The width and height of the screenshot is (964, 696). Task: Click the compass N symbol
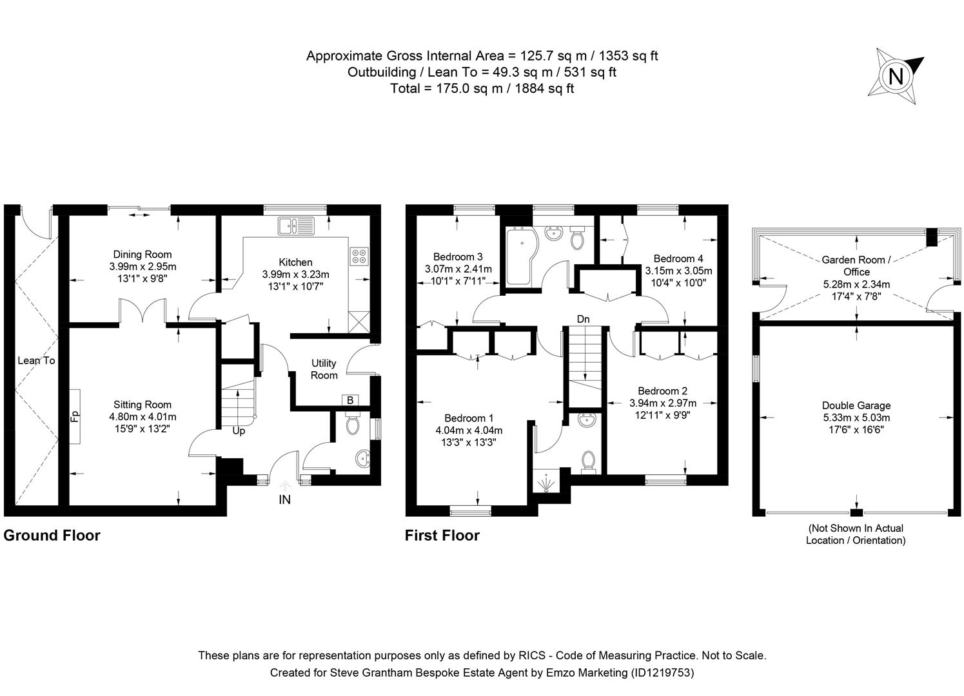pyautogui.click(x=896, y=77)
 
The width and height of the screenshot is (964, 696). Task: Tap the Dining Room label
pyautogui.click(x=143, y=255)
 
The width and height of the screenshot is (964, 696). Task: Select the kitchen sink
pyautogui.click(x=295, y=226)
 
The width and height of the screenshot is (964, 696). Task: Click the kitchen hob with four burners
pyautogui.click(x=359, y=256)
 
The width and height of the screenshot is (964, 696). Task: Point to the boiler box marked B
pyautogui.click(x=350, y=400)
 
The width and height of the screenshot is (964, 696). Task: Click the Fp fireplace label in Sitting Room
pyautogui.click(x=74, y=416)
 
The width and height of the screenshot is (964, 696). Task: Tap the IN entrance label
pyautogui.click(x=284, y=499)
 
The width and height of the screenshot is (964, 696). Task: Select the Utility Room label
pyautogui.click(x=324, y=369)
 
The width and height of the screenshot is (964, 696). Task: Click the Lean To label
pyautogui.click(x=36, y=360)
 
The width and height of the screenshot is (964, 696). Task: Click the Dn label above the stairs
pyautogui.click(x=583, y=319)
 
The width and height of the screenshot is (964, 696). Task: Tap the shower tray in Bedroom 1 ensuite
pyautogui.click(x=547, y=481)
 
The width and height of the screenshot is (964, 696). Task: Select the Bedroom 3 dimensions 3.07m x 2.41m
pyautogui.click(x=458, y=269)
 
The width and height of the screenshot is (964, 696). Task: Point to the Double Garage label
pyautogui.click(x=856, y=405)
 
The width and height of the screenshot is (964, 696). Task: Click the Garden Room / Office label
pyautogui.click(x=856, y=266)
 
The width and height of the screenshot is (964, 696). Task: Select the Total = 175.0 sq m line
pyautogui.click(x=482, y=88)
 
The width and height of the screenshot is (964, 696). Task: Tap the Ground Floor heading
pyautogui.click(x=52, y=535)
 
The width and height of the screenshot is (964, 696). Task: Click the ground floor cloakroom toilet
pyautogui.click(x=353, y=425)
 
